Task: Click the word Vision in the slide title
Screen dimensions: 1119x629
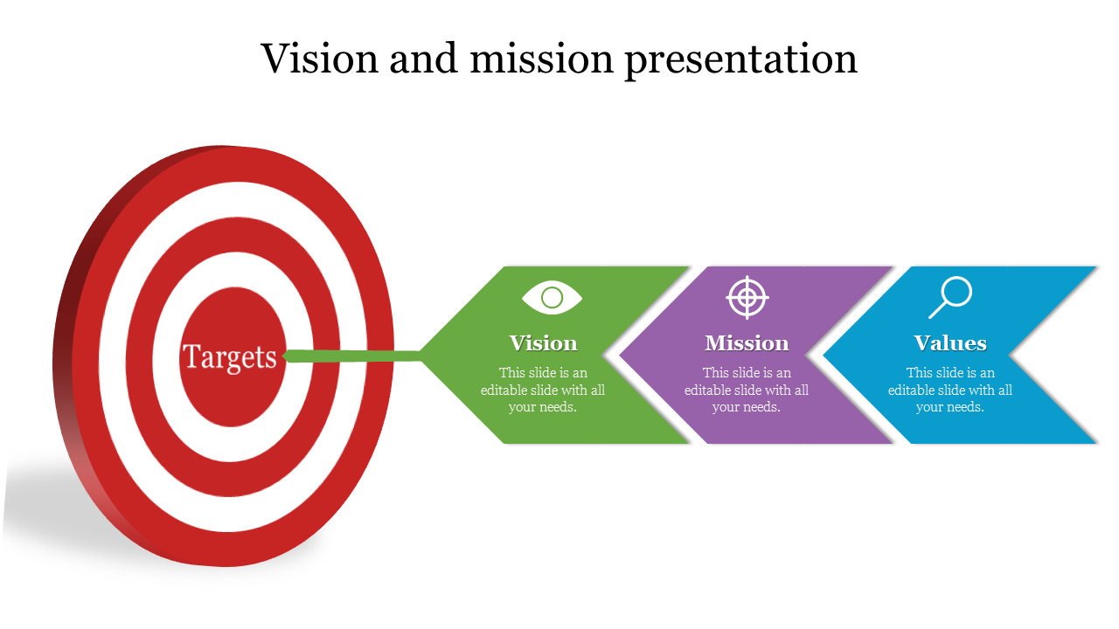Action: click(320, 59)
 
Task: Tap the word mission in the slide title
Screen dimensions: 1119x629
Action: click(541, 59)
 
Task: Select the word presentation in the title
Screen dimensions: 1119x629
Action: click(741, 61)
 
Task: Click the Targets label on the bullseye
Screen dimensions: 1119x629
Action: click(229, 357)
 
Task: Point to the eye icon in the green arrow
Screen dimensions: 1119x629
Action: click(552, 298)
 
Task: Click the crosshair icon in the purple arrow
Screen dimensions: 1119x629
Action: click(747, 298)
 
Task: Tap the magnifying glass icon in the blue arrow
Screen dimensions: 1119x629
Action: click(950, 298)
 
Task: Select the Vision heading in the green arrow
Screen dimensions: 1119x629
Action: click(543, 343)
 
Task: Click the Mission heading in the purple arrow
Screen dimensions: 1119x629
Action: click(747, 343)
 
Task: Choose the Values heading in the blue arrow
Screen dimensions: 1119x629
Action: click(950, 343)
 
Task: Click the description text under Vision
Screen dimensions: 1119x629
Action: click(543, 390)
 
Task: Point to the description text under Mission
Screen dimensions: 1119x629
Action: click(747, 390)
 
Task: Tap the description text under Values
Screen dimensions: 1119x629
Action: click(950, 390)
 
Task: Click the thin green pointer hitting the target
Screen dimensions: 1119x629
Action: click(352, 356)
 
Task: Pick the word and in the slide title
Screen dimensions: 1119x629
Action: click(424, 59)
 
